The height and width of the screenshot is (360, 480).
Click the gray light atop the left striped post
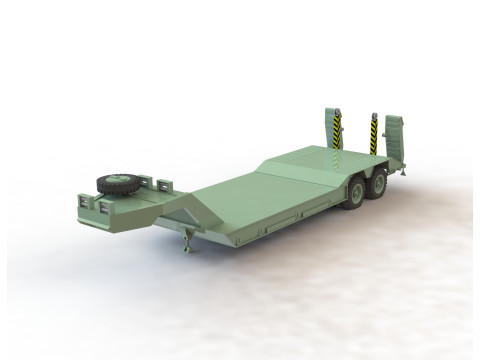click(337, 111)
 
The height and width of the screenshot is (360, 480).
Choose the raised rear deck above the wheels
click(320, 160)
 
